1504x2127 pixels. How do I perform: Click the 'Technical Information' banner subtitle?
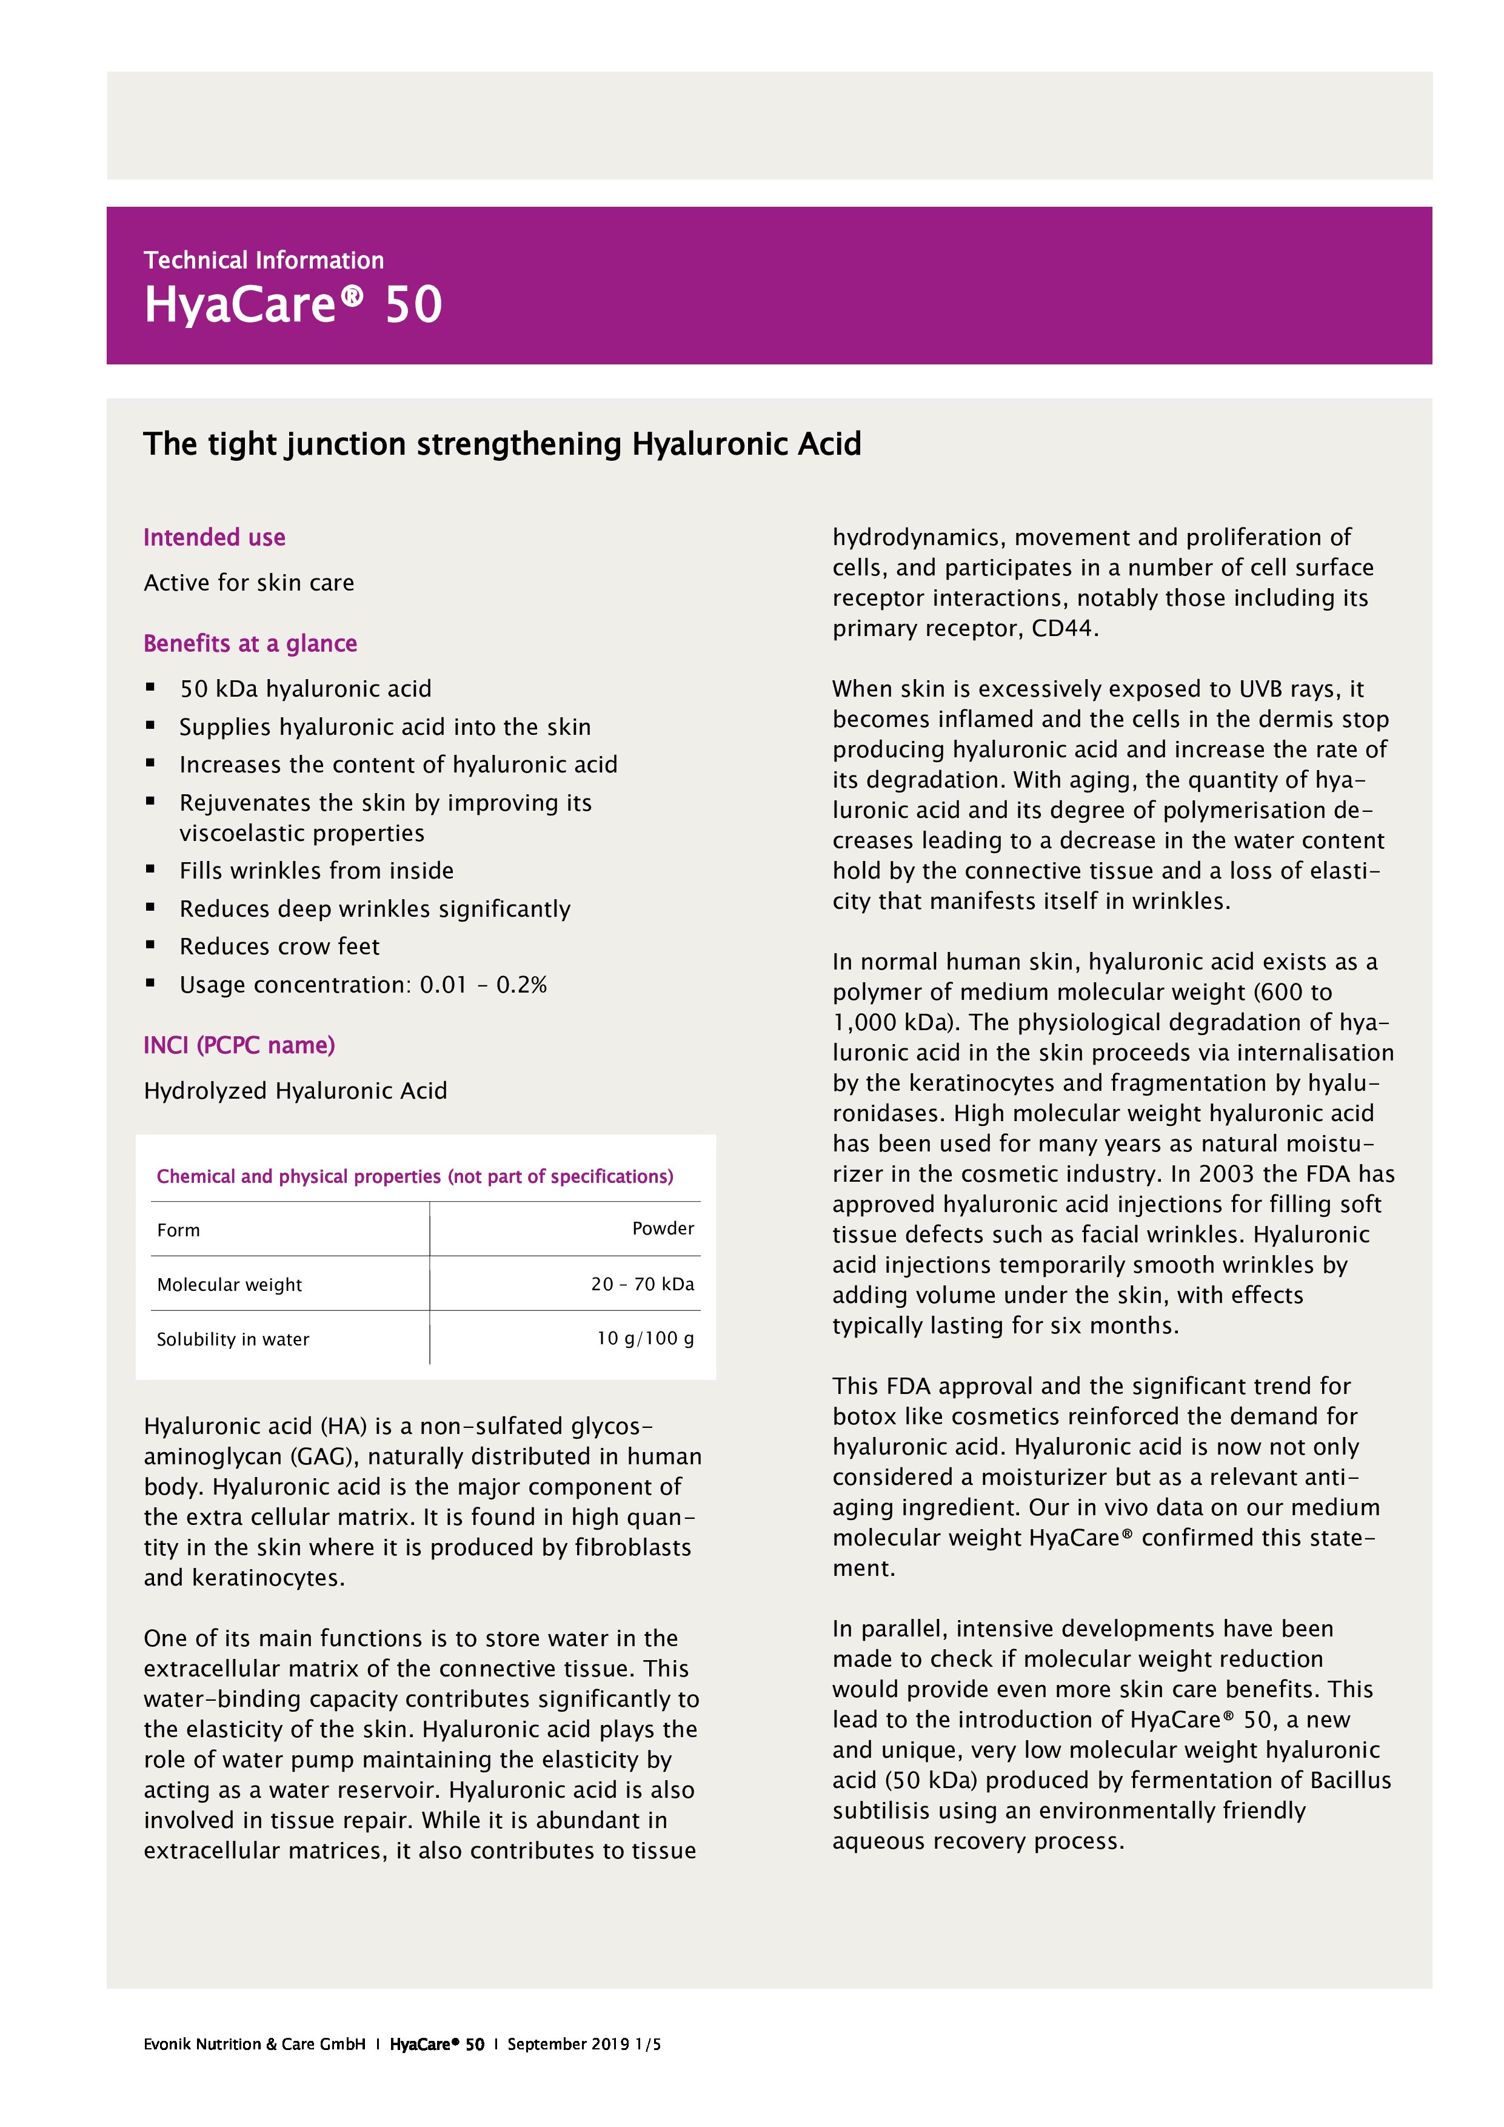pos(263,260)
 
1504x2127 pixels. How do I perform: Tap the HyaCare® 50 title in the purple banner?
pos(293,305)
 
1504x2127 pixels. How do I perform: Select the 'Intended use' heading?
pos(214,537)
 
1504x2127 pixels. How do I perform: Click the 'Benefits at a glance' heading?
pos(250,643)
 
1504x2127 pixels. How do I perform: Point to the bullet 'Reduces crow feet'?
pos(279,946)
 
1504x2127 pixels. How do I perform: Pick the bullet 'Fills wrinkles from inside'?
pos(316,870)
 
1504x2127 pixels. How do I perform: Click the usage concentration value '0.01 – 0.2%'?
pos(483,984)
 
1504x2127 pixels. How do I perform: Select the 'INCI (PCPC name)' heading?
pos(239,1045)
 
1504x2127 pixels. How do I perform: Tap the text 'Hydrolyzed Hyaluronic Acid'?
pos(295,1090)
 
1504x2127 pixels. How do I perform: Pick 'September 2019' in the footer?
pos(567,2043)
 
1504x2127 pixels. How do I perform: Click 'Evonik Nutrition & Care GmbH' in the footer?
pos(254,2043)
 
